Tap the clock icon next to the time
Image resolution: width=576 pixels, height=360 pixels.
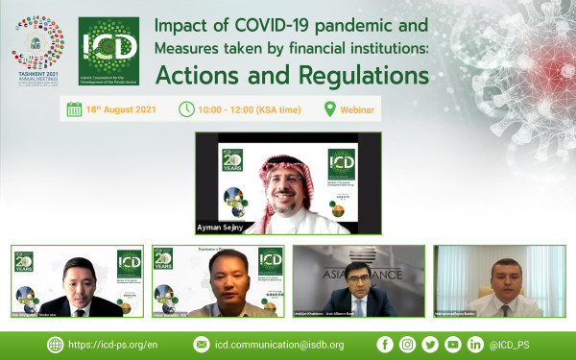click(186, 109)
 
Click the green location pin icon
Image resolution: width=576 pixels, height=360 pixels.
click(330, 109)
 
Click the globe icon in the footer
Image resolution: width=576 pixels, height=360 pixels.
click(55, 344)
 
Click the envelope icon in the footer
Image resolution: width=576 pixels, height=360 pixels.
click(201, 344)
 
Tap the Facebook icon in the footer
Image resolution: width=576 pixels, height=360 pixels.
click(385, 344)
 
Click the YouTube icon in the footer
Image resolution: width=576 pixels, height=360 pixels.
click(453, 344)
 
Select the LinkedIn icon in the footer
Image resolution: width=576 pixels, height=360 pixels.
click(476, 344)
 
